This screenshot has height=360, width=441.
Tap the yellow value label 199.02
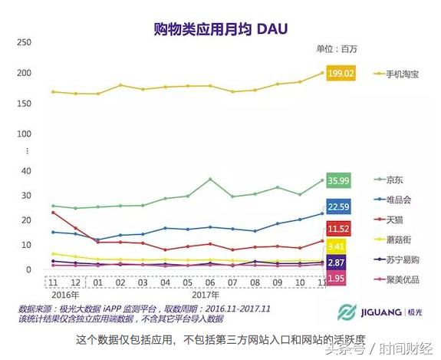(340, 74)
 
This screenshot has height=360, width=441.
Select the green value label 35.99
(339, 181)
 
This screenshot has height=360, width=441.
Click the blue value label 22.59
(339, 206)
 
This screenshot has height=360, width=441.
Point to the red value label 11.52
(339, 229)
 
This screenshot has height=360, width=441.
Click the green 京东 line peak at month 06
(210, 179)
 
